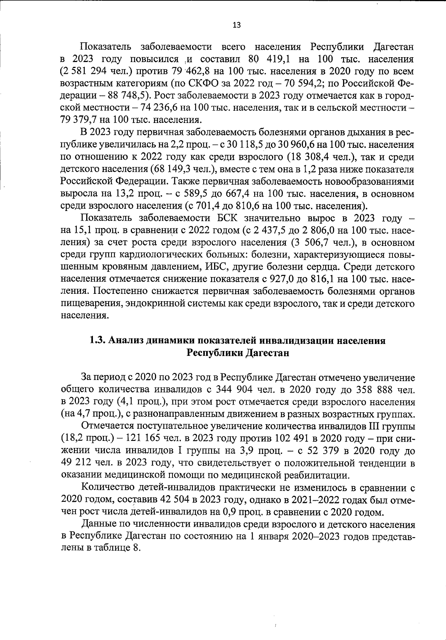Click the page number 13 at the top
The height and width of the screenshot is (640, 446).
[x=236, y=25]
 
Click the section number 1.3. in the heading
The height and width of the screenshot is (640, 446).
[x=98, y=341]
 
